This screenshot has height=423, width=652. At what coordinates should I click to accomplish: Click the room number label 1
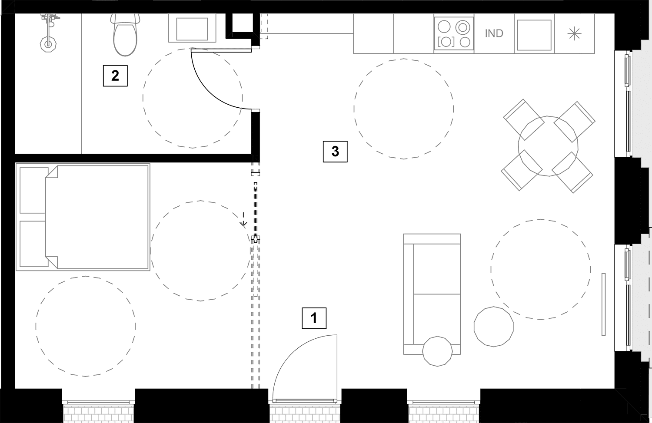pyautogui.click(x=314, y=318)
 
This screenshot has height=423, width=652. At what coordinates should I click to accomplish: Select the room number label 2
pyautogui.click(x=115, y=76)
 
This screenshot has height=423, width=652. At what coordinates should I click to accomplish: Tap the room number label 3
pyautogui.click(x=335, y=151)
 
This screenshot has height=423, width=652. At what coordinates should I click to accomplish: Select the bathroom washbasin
pyautogui.click(x=192, y=28)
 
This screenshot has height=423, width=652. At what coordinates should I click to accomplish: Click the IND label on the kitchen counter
pyautogui.click(x=494, y=33)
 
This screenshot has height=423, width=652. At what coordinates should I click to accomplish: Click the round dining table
pyautogui.click(x=548, y=146)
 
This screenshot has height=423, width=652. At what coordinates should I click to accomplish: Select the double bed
pyautogui.click(x=83, y=217)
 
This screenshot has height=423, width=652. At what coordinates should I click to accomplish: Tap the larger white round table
pyautogui.click(x=493, y=327)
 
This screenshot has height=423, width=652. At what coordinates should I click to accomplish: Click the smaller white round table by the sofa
pyautogui.click(x=437, y=351)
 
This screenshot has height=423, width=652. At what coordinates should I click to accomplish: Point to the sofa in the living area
pyautogui.click(x=432, y=294)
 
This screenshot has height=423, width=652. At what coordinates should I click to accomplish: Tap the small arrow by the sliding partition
pyautogui.click(x=244, y=220)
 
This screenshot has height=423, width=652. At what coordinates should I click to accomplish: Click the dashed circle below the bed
pyautogui.click(x=86, y=326)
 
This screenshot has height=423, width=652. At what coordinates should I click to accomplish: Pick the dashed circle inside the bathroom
pyautogui.click(x=193, y=98)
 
